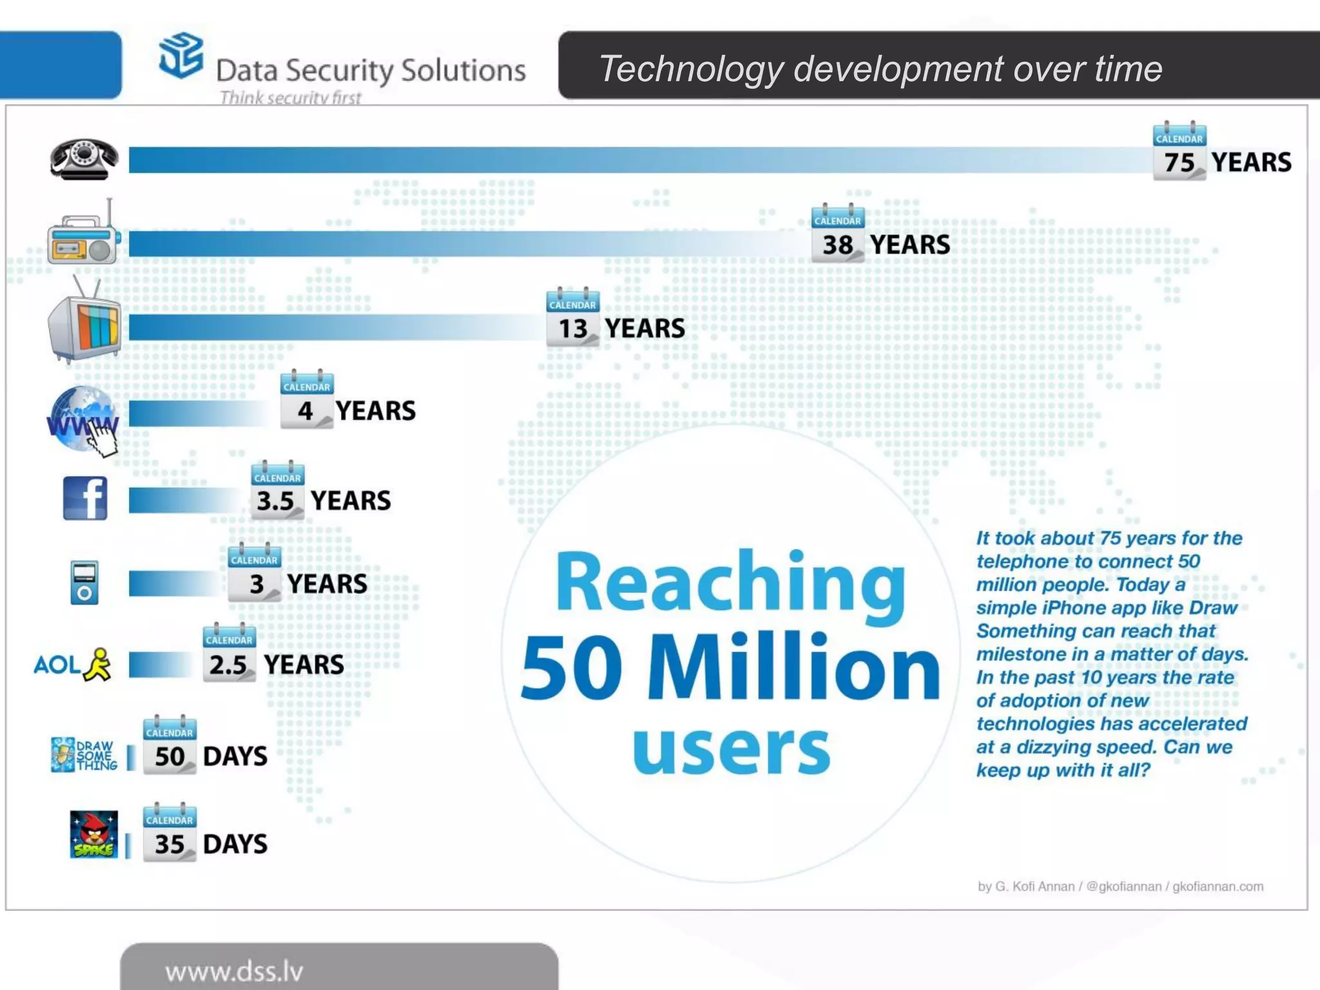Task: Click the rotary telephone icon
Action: point(84,159)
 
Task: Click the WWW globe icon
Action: point(82,419)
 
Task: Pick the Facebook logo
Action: point(85,498)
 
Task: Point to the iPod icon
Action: point(84,583)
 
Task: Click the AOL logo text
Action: point(57,665)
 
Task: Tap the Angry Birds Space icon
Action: point(94,834)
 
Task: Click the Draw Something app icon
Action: point(63,754)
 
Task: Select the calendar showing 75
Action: point(1179,152)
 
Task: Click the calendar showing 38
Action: point(837,235)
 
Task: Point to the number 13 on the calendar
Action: point(573,329)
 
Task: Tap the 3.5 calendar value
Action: point(275,501)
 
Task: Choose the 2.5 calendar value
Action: point(228,665)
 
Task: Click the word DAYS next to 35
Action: point(235,844)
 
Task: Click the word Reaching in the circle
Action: point(731,583)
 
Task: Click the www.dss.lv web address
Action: point(234,971)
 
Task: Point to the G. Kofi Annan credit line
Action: point(1120,886)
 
